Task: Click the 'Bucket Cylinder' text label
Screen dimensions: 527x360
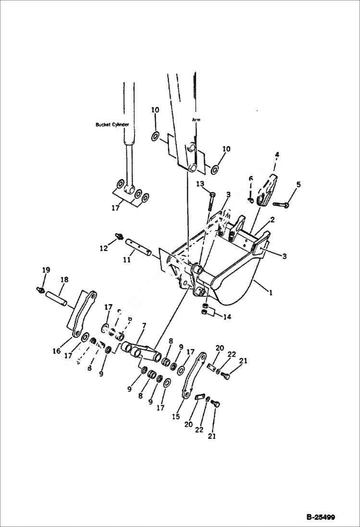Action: point(112,124)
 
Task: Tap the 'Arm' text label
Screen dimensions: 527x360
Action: point(196,119)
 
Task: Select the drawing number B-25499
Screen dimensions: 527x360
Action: point(321,517)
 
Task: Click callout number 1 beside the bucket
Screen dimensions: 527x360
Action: point(270,292)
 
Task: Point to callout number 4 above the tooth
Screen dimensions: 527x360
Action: point(277,155)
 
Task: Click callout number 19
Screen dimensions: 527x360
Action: point(45,270)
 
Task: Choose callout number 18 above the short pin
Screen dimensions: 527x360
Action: point(64,279)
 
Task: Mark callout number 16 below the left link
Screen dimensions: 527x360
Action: point(57,351)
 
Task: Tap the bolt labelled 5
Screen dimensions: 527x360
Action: point(281,204)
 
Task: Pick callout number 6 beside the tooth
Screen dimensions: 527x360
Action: point(250,179)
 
